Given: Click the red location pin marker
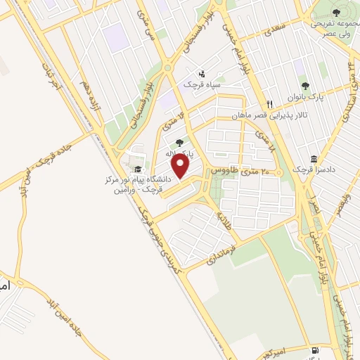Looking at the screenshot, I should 181,167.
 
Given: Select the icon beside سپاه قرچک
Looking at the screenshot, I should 202,73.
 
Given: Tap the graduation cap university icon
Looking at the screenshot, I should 138,169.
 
